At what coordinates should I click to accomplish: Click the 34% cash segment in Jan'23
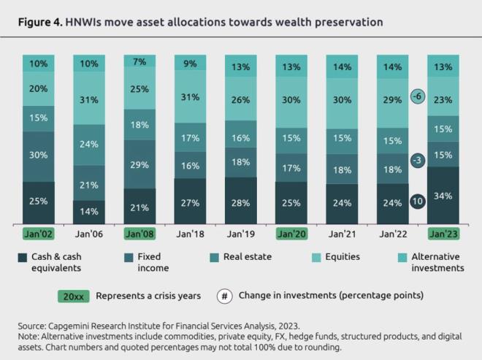point(443,195)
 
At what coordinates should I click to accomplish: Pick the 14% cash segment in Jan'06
point(89,211)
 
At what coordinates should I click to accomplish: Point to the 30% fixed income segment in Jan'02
point(39,156)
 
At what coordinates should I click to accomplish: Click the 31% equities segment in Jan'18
point(190,97)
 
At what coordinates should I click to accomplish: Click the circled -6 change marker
point(417,96)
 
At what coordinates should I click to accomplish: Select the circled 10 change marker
point(417,201)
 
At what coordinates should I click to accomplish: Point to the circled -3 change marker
point(417,159)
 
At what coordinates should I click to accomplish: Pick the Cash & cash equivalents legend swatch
point(23,256)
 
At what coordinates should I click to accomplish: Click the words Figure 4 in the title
point(41,23)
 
